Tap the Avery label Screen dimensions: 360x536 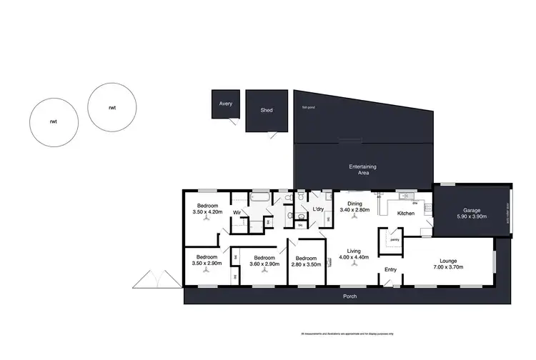pos(225,104)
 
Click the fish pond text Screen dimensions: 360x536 pos(308,108)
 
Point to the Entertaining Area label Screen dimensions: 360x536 pos(362,169)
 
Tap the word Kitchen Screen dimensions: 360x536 pos(406,214)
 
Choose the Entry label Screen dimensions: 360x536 pos(390,269)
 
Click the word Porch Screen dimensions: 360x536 pos(348,296)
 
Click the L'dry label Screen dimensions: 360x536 pos(319,209)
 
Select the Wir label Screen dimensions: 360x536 pos(236,211)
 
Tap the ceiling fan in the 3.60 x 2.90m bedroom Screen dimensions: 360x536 pos(263,272)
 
